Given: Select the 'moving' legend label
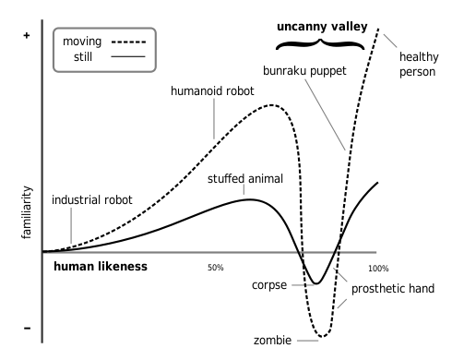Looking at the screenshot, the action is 82,42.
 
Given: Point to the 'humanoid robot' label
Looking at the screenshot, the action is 211,91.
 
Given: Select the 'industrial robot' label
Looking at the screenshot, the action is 91,198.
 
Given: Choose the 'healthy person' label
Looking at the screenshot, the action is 417,64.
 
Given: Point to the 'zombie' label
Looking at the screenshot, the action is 274,341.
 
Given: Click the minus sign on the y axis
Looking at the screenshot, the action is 27,328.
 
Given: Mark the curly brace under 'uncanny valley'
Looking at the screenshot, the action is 320,43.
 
